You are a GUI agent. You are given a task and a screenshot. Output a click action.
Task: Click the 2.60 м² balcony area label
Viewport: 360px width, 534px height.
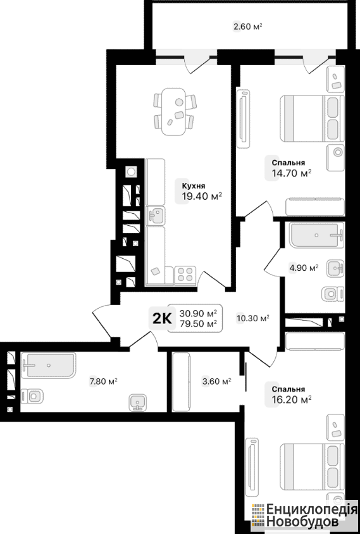(247, 26)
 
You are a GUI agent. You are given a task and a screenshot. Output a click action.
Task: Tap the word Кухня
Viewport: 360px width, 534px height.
(194, 186)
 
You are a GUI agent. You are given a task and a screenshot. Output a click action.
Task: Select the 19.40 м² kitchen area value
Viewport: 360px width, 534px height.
(202, 196)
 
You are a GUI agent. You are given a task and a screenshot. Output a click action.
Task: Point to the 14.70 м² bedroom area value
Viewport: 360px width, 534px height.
(292, 173)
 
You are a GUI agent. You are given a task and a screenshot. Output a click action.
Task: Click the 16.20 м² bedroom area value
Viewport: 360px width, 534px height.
(292, 399)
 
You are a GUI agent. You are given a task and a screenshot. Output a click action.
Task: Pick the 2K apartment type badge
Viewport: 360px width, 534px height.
(162, 318)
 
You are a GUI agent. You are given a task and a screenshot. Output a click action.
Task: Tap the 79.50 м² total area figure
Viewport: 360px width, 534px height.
(199, 323)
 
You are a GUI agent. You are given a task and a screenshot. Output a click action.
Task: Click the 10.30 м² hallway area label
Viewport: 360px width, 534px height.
(253, 318)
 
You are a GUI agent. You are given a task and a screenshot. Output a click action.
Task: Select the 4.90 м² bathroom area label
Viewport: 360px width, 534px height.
(304, 268)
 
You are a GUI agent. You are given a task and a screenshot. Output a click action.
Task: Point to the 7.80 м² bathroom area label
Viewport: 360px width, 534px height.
(103, 382)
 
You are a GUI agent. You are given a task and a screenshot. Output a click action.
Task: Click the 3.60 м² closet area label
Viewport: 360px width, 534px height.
(216, 382)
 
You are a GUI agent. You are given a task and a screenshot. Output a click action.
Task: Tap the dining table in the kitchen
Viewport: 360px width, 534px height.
(174, 111)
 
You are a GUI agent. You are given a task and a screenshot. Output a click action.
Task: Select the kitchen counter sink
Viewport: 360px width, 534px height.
(156, 216)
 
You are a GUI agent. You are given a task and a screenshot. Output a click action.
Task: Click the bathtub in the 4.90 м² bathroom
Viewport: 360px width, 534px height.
(317, 235)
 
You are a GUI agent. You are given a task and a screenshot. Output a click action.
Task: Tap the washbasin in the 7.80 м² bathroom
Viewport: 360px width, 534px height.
(138, 402)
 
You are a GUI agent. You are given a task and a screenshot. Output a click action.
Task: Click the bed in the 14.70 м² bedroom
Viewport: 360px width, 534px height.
(311, 118)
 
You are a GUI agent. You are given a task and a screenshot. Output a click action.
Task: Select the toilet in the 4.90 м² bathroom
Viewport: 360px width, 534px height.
(333, 294)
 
